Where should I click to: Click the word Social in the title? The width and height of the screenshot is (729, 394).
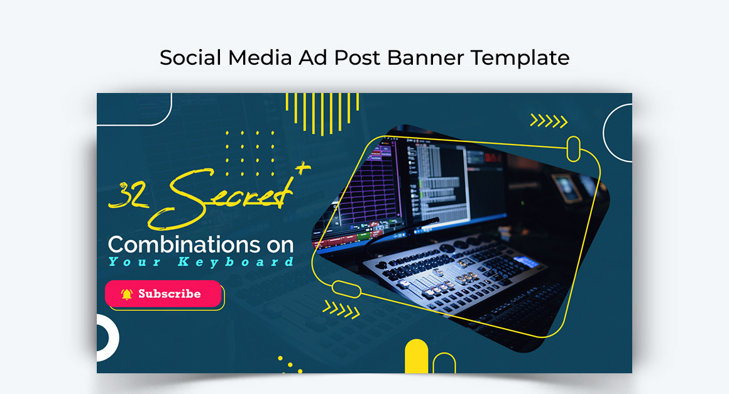coord(190,58)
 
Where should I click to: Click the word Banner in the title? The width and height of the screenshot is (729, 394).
coord(426,58)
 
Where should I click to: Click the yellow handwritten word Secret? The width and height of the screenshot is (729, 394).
coord(226,197)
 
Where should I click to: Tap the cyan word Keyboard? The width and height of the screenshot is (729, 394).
coord(236,261)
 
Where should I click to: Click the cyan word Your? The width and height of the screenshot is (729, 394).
coord(133,261)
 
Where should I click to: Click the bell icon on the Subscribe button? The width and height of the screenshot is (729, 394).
coord(127,294)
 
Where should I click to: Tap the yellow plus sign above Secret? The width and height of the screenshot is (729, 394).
coord(303,168)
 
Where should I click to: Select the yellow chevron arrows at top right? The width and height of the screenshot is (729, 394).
coord(549,121)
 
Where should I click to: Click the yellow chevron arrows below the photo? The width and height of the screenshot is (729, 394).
coord(341,308)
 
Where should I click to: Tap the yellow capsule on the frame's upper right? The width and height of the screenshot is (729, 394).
coord(573,149)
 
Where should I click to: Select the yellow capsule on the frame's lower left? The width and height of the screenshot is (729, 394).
coord(346,290)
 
